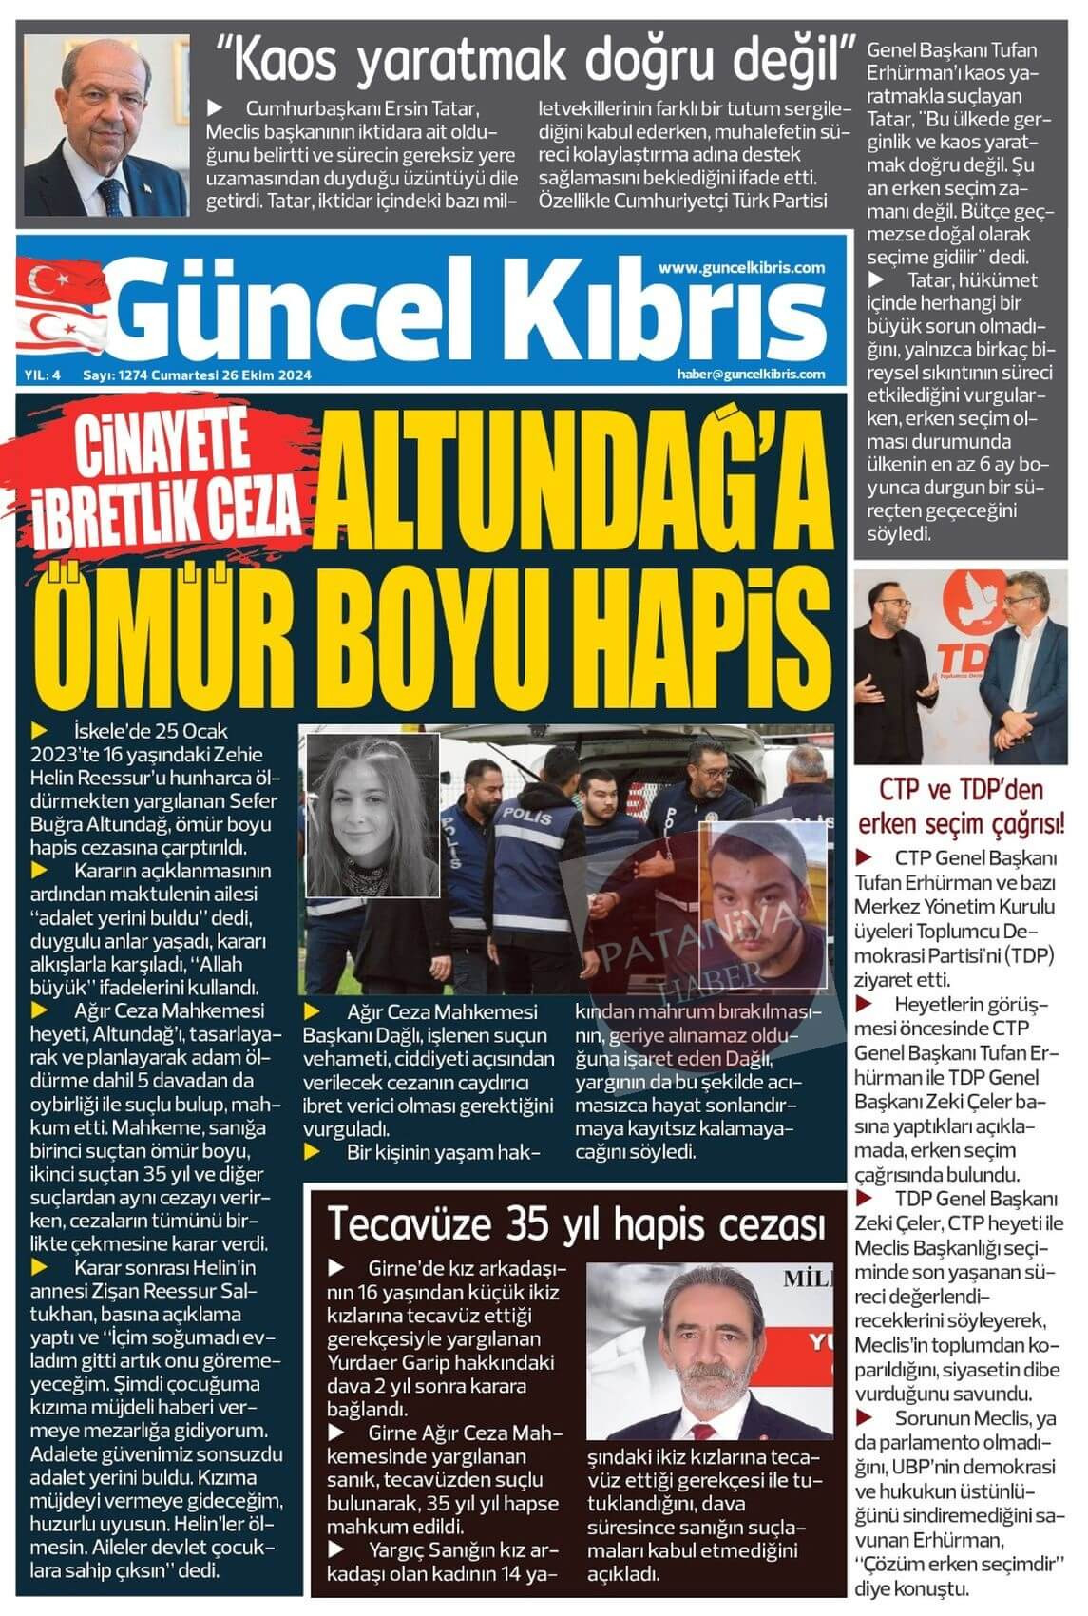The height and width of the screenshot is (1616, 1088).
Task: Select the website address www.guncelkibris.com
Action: (741, 268)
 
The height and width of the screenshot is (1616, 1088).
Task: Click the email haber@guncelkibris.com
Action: (751, 375)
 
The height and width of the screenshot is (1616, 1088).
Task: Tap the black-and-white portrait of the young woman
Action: (372, 815)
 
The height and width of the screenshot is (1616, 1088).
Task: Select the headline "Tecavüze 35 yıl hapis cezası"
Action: (576, 1224)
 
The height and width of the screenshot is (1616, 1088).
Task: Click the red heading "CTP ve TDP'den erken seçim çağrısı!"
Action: (961, 807)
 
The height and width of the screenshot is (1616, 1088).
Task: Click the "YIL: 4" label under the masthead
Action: (43, 375)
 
